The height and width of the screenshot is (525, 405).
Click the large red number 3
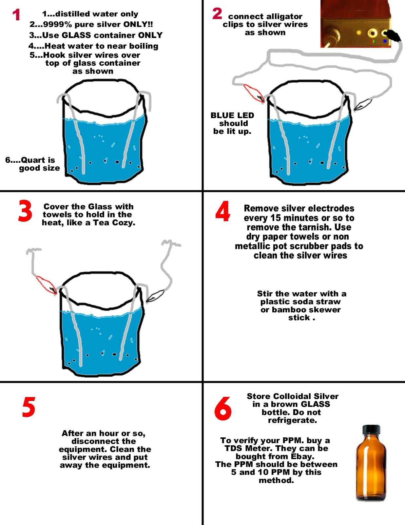point(25,211)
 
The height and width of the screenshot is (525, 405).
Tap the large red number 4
point(222,211)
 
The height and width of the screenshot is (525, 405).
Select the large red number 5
point(29,407)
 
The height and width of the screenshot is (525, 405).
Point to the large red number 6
point(223,408)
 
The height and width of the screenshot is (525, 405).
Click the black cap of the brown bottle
point(371,429)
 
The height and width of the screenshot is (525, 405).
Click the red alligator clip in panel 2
point(254,93)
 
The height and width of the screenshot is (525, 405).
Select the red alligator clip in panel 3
point(46,285)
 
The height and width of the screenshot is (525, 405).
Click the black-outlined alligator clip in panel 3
point(155,296)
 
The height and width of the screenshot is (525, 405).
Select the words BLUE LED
point(232,115)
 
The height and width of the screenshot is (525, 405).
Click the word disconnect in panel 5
point(104,441)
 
